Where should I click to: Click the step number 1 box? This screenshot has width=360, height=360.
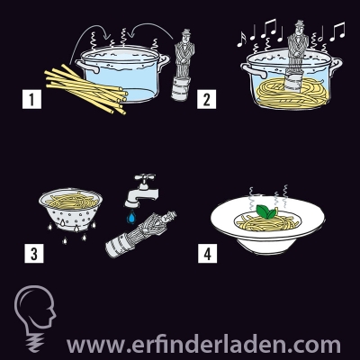coord(31,99)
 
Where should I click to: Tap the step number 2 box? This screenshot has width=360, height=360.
coord(206,99)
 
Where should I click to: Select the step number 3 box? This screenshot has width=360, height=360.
coord(34,254)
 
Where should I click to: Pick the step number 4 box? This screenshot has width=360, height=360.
coord(207,254)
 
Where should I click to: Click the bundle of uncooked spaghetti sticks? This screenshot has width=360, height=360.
coord(85,89)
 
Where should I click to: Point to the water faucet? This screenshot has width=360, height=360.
coord(141,190)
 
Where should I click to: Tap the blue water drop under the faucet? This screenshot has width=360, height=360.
coord(131,217)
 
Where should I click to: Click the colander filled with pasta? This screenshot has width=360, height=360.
coord(71,210)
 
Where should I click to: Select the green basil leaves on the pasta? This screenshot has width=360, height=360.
coord(266,211)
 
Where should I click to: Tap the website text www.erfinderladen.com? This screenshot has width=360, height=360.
coord(203,345)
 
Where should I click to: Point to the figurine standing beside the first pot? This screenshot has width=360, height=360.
coord(183,65)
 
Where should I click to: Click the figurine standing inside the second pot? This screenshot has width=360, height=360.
coord(297,56)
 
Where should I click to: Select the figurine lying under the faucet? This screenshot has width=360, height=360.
coord(140,235)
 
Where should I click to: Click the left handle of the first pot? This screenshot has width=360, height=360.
coord(87,66)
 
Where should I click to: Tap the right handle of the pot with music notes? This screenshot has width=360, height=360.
coord(336,66)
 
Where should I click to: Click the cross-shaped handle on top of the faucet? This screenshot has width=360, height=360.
coord(145,177)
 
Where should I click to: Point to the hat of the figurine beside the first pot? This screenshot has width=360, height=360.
coord(186,32)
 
